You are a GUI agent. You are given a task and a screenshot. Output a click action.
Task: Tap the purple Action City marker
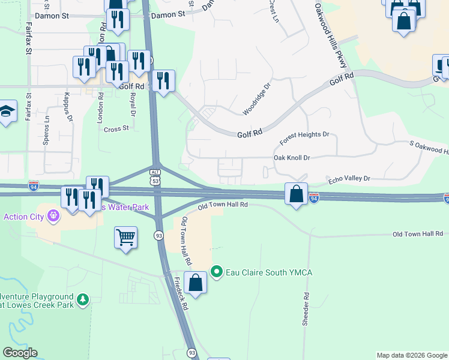pos(53,214)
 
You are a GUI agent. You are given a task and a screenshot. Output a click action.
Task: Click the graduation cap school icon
pos(7,111)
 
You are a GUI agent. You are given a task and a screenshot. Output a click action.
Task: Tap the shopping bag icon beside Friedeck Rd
pos(196,282)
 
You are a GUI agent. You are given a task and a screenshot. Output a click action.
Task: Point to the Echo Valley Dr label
pos(349,179)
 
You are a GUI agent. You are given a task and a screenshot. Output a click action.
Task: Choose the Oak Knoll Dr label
pos(292,158)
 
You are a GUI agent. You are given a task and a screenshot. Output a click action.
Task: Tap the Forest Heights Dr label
pos(304,139)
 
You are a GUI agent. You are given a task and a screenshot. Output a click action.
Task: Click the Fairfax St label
pos(28,38)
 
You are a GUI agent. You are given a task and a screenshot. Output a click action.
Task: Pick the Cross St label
pos(116,129)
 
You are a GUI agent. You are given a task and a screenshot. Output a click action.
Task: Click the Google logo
pos(20,353)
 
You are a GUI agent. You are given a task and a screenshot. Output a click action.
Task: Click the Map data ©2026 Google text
pos(412,355)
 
